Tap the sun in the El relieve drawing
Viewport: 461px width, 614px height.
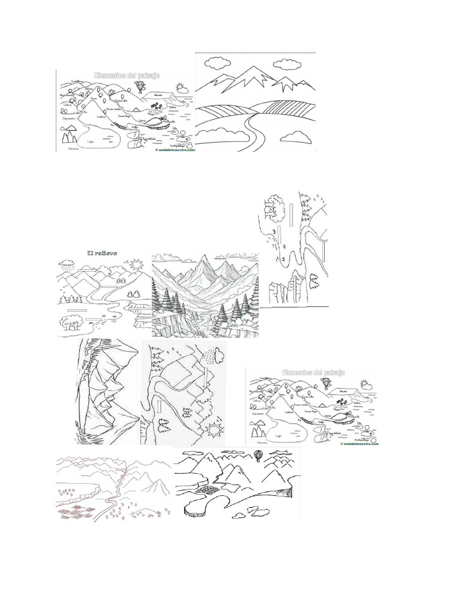(137, 264)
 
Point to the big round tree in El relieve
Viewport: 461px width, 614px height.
(74, 325)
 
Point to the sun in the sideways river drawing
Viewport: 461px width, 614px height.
(215, 430)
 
